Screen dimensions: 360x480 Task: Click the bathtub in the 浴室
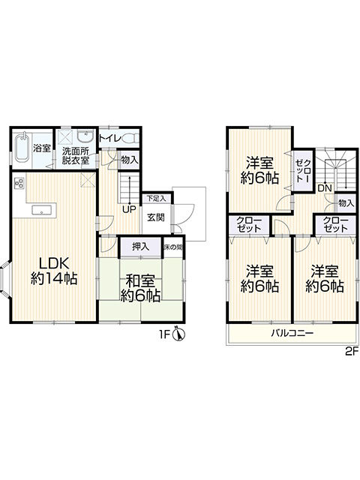22,148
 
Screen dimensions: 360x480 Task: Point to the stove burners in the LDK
19,183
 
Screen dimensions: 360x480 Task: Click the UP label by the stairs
129,210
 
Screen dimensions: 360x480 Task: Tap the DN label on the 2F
325,188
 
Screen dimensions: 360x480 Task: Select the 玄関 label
156,217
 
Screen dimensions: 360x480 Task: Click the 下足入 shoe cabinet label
156,198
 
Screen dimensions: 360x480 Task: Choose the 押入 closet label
141,247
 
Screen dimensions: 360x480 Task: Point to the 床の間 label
173,247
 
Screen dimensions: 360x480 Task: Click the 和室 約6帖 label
140,288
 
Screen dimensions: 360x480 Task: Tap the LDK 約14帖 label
54,271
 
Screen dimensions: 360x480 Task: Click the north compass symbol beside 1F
179,334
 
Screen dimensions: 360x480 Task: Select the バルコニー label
292,333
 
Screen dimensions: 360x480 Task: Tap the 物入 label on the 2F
346,203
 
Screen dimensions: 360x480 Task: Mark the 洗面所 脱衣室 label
76,155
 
